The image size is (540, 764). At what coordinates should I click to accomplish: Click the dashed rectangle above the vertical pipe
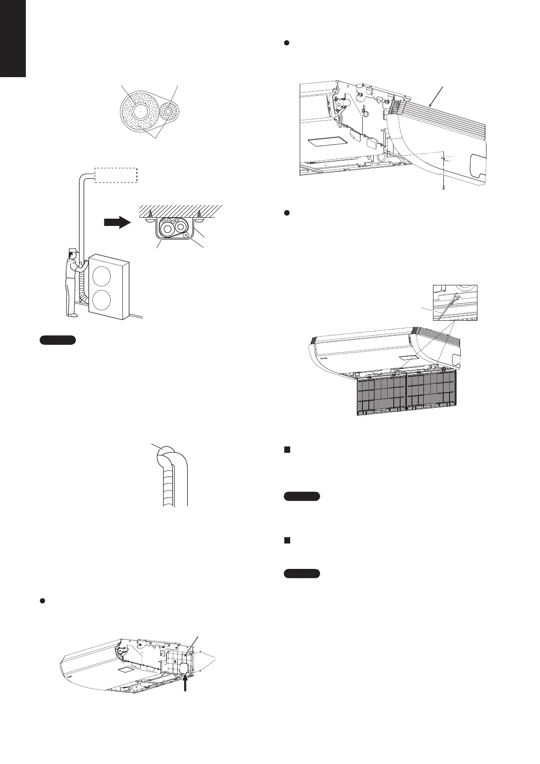(116, 175)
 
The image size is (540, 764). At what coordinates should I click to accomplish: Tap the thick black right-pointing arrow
(117, 223)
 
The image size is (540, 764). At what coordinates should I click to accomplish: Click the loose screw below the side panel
(442, 186)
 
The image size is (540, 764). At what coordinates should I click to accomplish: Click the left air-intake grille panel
(381, 394)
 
